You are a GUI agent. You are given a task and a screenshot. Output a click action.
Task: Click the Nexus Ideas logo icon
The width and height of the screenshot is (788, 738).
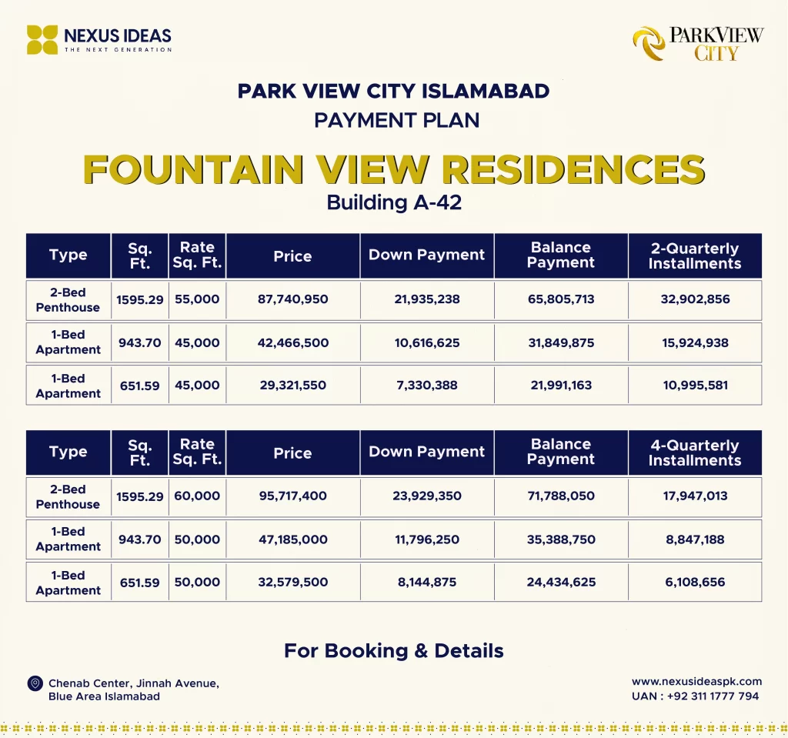[42, 39]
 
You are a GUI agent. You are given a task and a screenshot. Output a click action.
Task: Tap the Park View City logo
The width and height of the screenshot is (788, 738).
[697, 43]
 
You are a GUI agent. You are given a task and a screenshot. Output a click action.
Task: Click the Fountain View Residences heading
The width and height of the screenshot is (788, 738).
[393, 169]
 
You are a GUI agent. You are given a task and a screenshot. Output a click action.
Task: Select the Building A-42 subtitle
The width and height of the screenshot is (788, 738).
[393, 203]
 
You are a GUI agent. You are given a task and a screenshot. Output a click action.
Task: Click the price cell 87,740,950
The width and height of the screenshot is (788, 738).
[292, 299]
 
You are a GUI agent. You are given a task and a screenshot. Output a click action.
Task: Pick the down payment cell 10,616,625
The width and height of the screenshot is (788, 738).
[427, 342]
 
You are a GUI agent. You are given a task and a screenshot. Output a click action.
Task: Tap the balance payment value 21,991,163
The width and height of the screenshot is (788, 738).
[561, 385]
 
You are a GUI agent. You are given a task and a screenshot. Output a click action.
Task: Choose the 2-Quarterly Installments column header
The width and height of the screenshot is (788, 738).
[694, 256]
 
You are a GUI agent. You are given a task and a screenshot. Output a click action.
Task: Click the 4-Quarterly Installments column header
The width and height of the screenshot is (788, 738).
[694, 452]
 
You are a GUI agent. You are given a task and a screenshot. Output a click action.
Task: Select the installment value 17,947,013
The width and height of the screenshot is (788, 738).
[695, 496]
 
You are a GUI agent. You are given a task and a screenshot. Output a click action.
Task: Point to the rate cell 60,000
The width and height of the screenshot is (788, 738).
[197, 496]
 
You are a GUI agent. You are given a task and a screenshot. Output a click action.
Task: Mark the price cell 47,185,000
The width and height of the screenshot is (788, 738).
[292, 539]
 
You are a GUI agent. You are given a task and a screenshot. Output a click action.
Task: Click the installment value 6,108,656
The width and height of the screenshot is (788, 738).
[695, 582]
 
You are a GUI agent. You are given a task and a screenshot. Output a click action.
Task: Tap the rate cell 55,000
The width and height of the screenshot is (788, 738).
[197, 299]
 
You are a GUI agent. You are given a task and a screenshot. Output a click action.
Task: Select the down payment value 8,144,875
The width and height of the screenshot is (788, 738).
[427, 582]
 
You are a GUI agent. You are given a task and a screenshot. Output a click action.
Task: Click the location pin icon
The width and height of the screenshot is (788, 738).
[35, 683]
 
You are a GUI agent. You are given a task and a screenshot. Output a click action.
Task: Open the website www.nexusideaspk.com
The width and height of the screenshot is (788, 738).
[696, 681]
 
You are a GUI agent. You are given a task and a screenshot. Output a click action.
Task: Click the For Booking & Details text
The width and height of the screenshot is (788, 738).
[393, 650]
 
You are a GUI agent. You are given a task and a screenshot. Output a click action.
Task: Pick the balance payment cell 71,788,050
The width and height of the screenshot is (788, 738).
[561, 496]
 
